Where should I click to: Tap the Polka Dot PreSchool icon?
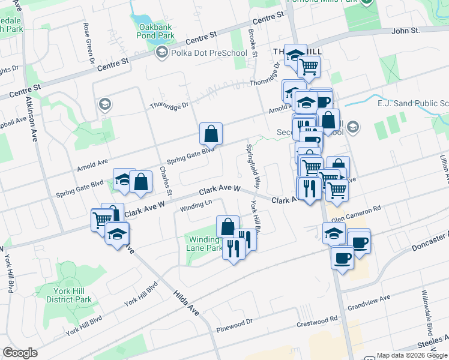161,53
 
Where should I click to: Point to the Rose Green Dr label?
88,43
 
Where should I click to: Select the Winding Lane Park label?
206,244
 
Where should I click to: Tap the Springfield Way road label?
253,165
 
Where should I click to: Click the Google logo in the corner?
20,353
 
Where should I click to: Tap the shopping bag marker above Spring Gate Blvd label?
211,133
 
